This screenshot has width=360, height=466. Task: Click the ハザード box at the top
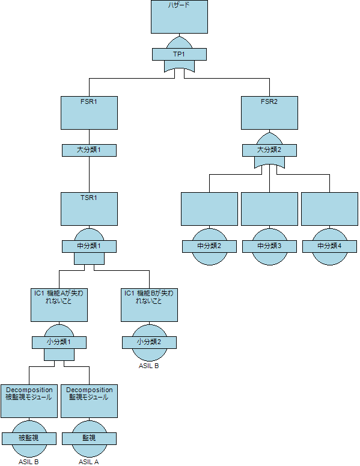pyautogui.click(x=179, y=17)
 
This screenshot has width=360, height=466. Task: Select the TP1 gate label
pyautogui.click(x=179, y=55)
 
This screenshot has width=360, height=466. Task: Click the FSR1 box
pyautogui.click(x=90, y=113)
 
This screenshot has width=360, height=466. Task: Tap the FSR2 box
pyautogui.click(x=270, y=113)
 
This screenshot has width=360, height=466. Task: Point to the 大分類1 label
pyautogui.click(x=90, y=150)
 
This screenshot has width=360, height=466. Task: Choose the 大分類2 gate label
pyautogui.click(x=270, y=150)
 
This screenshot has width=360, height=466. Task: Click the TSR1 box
pyautogui.click(x=90, y=209)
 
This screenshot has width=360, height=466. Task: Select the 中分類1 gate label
pyautogui.click(x=90, y=246)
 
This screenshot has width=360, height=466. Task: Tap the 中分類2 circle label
pyautogui.click(x=210, y=246)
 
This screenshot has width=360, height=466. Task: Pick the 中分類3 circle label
pyautogui.click(x=270, y=246)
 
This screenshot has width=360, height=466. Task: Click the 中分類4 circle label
pyautogui.click(x=330, y=246)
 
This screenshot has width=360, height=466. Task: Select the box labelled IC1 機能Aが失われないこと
pyautogui.click(x=59, y=305)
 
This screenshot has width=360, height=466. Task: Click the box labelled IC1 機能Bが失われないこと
pyautogui.click(x=150, y=305)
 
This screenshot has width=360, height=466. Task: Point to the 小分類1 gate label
pyautogui.click(x=59, y=342)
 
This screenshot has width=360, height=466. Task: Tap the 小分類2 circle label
pyautogui.click(x=150, y=342)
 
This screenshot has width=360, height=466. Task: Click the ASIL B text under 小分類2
pyautogui.click(x=149, y=366)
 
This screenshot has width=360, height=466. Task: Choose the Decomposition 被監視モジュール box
pyautogui.click(x=29, y=401)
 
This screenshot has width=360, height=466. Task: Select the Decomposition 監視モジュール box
pyautogui.click(x=90, y=401)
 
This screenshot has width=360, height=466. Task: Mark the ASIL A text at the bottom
pyautogui.click(x=89, y=462)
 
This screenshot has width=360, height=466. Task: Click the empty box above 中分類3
pyautogui.click(x=270, y=209)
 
